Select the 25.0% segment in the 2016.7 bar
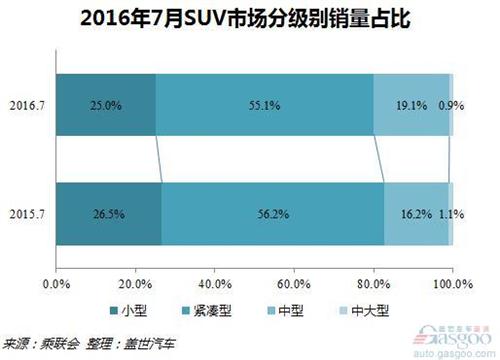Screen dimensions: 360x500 pyautogui.click(x=106, y=102)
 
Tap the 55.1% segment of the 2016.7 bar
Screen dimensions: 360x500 pyautogui.click(x=264, y=102)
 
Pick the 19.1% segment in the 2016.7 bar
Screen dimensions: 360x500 pyautogui.click(x=410, y=102)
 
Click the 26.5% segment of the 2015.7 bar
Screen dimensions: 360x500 pyautogui.click(x=109, y=214)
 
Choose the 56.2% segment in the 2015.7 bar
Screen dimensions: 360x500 pyautogui.click(x=272, y=214)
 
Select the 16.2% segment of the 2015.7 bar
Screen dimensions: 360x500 pyautogui.click(x=416, y=214)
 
